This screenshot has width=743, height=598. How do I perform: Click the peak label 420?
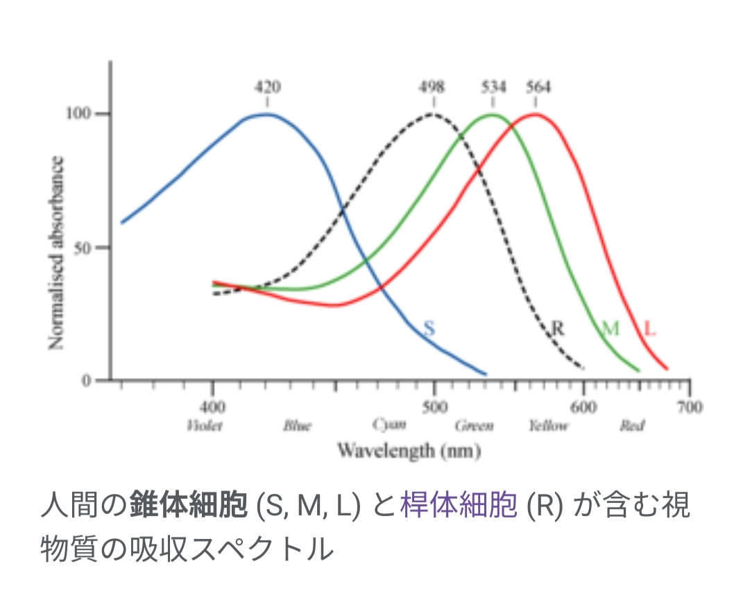pyautogui.click(x=268, y=87)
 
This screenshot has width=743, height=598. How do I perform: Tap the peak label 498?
pyautogui.click(x=432, y=87)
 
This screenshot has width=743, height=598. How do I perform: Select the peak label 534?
pyautogui.click(x=493, y=87)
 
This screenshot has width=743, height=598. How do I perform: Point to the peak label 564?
pyautogui.click(x=538, y=87)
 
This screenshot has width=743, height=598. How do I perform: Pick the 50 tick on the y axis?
pyautogui.click(x=84, y=248)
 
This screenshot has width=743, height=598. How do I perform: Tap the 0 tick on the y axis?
pyautogui.click(x=88, y=380)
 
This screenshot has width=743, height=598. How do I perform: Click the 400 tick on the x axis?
pyautogui.click(x=212, y=407)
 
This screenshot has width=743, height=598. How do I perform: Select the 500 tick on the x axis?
pyautogui.click(x=434, y=407)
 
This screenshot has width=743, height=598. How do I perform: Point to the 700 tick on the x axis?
pyautogui.click(x=689, y=407)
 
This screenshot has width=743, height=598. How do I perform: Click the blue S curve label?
pyautogui.click(x=429, y=328)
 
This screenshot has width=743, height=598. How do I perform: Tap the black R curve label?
pyautogui.click(x=557, y=328)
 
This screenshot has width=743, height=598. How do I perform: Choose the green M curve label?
pyautogui.click(x=610, y=328)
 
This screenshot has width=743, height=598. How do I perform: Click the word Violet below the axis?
pyautogui.click(x=205, y=425)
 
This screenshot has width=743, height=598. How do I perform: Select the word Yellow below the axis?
pyautogui.click(x=547, y=425)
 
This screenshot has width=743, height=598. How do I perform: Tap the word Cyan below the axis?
pyautogui.click(x=388, y=425)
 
